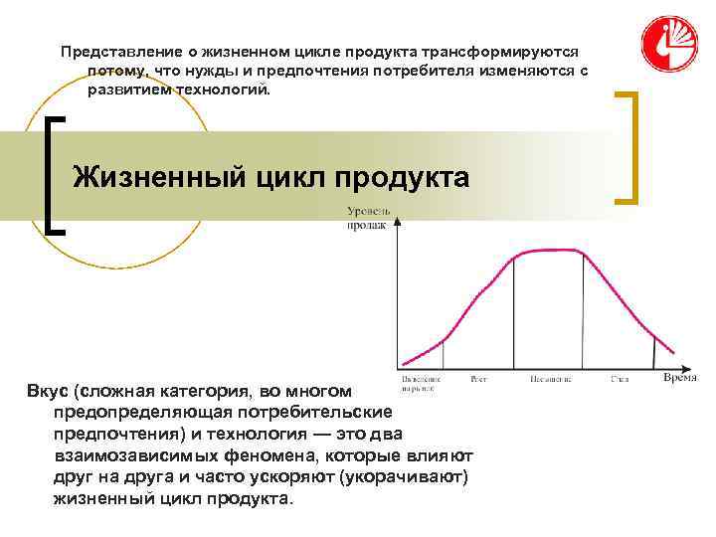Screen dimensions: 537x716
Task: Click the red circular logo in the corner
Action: (669, 43)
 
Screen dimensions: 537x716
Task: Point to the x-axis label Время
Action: (679, 378)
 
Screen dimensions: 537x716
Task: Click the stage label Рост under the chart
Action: (477, 379)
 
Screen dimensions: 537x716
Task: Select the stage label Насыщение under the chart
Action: (548, 379)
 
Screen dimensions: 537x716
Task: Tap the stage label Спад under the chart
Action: (620, 379)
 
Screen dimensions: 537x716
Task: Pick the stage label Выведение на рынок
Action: (420, 382)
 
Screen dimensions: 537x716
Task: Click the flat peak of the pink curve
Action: (547, 253)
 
